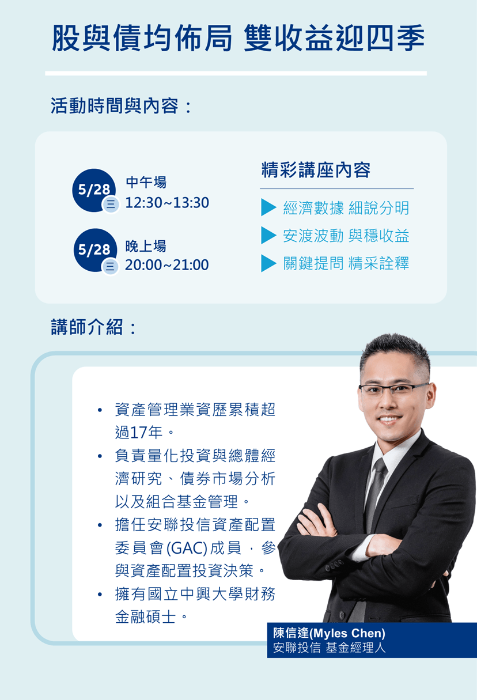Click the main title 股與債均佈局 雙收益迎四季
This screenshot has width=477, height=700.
click(x=238, y=38)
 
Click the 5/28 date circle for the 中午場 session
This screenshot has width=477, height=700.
click(x=94, y=190)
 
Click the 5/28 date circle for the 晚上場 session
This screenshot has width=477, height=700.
click(x=95, y=250)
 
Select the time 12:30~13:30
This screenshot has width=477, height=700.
click(x=167, y=203)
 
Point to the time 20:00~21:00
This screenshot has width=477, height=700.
click(x=167, y=265)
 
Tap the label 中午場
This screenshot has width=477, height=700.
click(x=146, y=183)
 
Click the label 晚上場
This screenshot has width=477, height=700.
click(x=146, y=246)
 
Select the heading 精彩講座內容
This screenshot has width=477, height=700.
click(x=316, y=170)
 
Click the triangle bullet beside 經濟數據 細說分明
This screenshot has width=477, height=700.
click(x=268, y=207)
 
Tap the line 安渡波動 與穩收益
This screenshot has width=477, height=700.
click(x=346, y=236)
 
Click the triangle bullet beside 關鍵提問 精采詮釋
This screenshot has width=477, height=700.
click(x=268, y=263)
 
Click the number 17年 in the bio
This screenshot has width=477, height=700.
click(x=146, y=433)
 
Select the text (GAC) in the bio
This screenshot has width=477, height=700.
click(x=187, y=548)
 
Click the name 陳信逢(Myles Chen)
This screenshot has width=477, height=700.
click(x=329, y=633)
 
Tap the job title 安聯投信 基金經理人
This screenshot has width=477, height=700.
click(x=330, y=648)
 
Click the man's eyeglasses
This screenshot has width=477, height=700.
click(x=393, y=389)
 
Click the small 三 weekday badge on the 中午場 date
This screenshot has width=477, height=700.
click(x=111, y=205)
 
